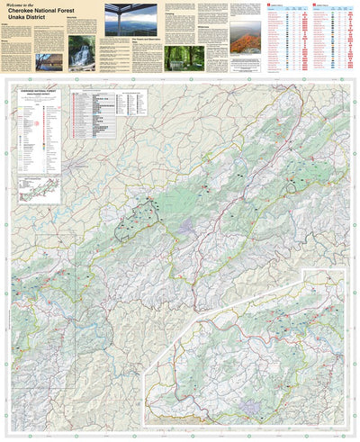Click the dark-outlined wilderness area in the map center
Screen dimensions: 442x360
(x=139, y=215)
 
